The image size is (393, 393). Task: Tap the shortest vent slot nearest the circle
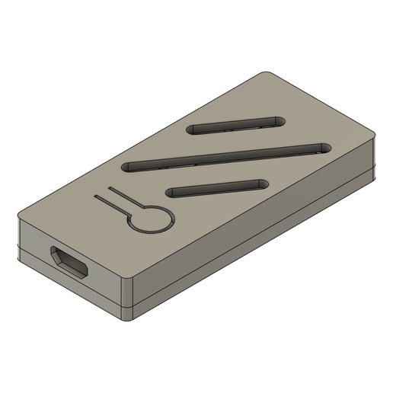216,187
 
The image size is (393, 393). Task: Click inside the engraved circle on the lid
150,219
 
